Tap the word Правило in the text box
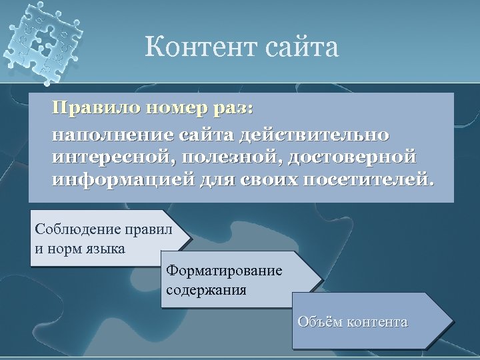click(x=93, y=108)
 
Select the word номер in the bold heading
click(x=176, y=108)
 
